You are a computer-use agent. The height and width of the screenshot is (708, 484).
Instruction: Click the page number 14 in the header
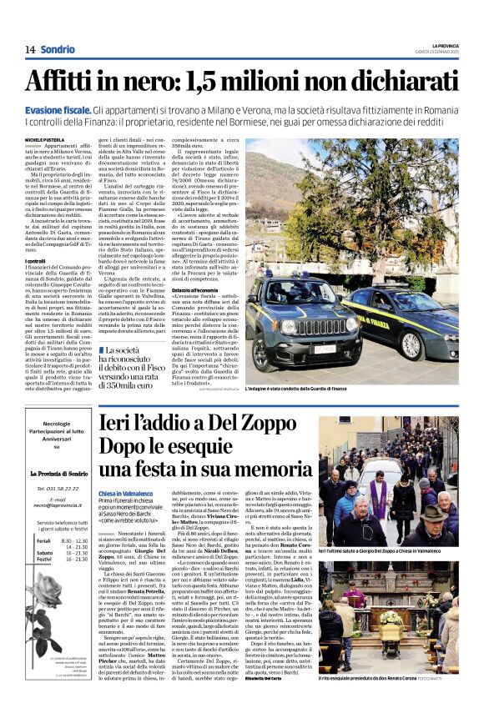pyautogui.click(x=30, y=49)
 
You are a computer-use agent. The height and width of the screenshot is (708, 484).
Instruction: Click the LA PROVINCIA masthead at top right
pyautogui.click(x=444, y=45)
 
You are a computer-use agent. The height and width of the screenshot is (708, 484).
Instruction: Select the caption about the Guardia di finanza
pyautogui.click(x=363, y=389)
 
